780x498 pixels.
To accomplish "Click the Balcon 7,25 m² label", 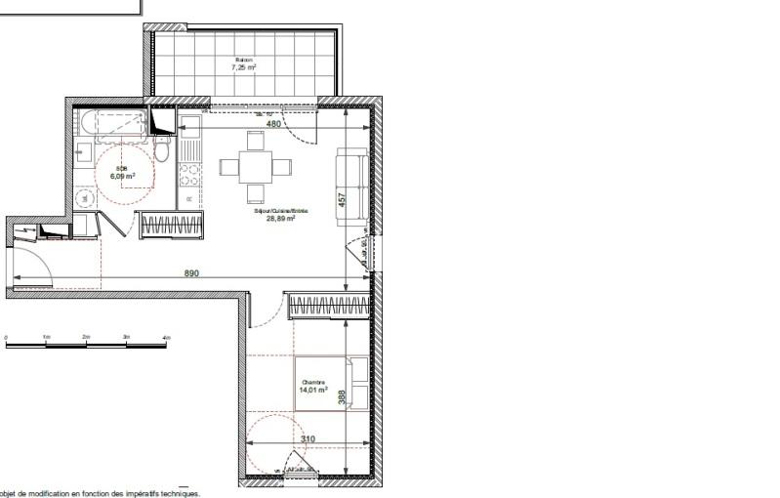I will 242,64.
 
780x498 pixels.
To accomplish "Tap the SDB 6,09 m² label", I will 124,173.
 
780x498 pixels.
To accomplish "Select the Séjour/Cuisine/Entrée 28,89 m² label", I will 280,216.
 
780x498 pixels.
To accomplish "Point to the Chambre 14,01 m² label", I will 312,387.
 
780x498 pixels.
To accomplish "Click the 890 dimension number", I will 191,274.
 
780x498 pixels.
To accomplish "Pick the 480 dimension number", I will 274,124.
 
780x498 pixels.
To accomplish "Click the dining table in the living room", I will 255,166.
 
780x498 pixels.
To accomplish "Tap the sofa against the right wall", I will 351,187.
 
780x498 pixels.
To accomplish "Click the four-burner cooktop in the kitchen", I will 189,176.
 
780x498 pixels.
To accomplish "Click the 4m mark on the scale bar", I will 166,335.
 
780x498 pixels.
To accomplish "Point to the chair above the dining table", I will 255,143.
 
